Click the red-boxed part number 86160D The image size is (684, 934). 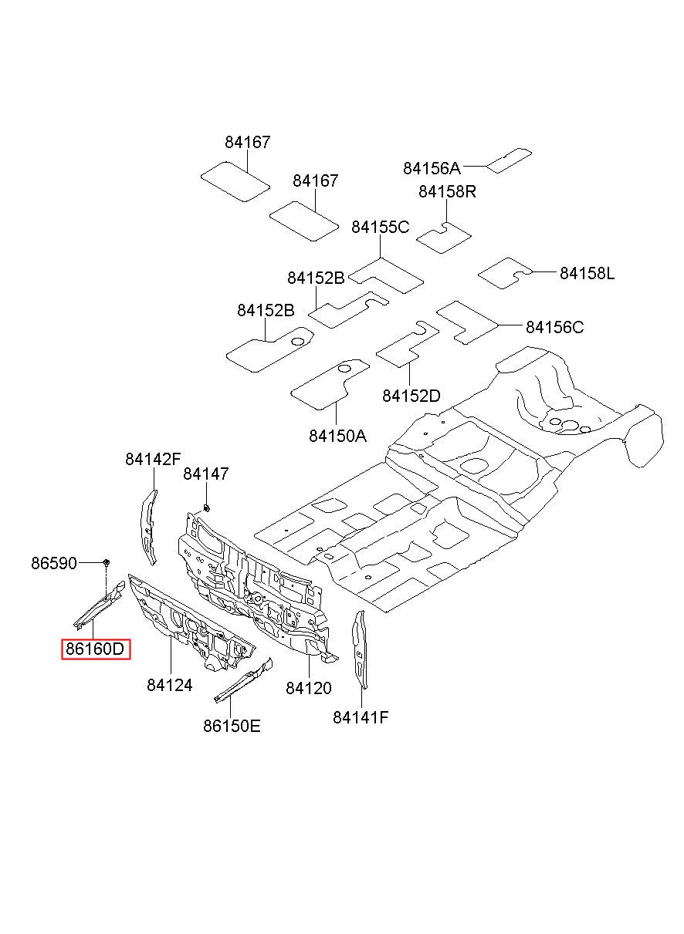coord(96,649)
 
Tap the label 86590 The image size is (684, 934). coord(54,563)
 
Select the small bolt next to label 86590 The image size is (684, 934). coord(107,563)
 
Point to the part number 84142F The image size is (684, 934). coord(153,459)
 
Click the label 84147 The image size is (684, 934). coord(206,474)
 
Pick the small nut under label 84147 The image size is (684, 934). coord(206,507)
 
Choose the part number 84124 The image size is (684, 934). coord(169,685)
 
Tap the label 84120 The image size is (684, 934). coord(308,688)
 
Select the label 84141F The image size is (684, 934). coord(361,717)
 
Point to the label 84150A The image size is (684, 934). coord(337,436)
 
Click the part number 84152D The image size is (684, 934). coord(411,396)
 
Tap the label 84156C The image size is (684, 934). coord(554,327)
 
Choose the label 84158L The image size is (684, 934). coord(587,274)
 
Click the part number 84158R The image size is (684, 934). coord(447,191)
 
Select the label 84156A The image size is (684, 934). coord(432,168)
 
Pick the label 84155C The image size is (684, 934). coord(380,228)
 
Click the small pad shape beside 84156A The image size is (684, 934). coord(509,160)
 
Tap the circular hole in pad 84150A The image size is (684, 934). coord(344,369)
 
